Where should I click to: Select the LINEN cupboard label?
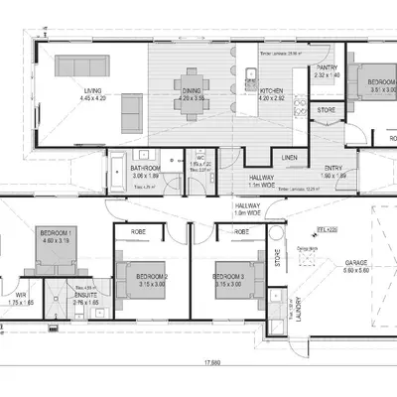coord(290,158)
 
